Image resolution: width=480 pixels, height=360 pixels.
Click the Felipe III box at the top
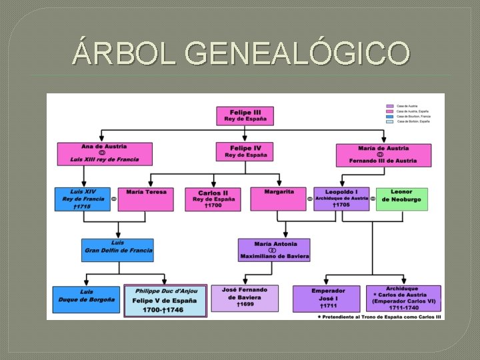click(244, 115)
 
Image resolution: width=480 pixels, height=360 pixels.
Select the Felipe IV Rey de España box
click(244, 151)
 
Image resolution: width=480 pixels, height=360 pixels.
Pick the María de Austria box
click(383, 155)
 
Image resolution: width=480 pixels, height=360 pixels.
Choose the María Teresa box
click(146, 199)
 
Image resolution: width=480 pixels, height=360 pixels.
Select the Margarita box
click(278, 199)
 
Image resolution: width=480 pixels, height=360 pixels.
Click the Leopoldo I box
click(341, 199)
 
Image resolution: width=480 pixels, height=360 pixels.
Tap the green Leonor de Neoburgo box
click(401, 199)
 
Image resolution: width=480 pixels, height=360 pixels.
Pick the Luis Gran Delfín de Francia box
click(117, 250)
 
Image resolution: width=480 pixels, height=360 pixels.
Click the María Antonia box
click(274, 250)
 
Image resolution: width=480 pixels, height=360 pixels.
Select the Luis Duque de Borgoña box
click(87, 299)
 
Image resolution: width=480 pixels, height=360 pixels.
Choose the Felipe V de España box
click(165, 301)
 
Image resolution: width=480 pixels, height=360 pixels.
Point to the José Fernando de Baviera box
click(245, 298)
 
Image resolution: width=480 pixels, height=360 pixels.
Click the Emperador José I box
click(327, 299)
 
